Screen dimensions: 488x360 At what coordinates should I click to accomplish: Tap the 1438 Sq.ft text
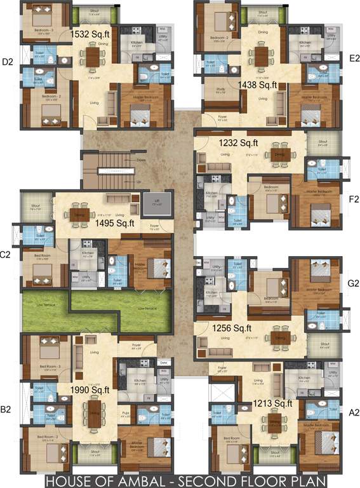coord(258,85)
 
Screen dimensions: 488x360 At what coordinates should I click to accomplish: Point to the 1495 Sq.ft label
coord(115,223)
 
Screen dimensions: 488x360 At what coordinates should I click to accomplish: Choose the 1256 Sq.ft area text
coord(232,328)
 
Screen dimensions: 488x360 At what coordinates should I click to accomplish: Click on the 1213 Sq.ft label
coord(273,403)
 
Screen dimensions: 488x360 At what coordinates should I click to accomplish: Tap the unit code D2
coord(8,62)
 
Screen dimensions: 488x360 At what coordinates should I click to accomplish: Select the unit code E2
coord(354,58)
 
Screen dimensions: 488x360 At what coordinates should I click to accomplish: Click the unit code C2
coord(5,255)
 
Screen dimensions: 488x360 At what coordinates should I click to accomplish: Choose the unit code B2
coord(6,410)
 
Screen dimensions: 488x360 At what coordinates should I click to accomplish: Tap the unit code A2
coord(354,412)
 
